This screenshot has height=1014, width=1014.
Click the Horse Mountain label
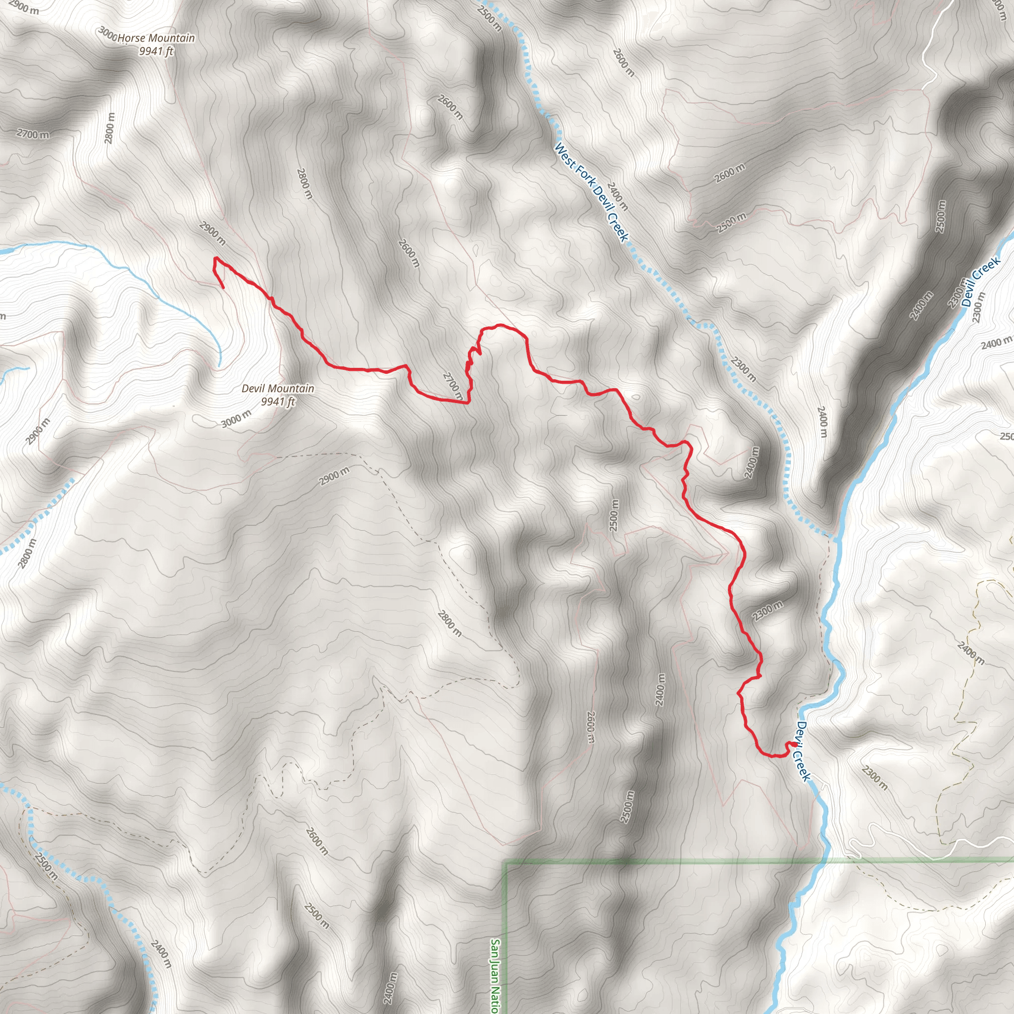[156, 38]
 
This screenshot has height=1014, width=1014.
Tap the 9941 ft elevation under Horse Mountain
[156, 51]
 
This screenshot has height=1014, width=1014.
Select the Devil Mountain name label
[278, 388]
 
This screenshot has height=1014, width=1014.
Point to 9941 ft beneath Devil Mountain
[278, 402]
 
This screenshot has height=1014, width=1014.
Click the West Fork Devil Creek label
[591, 193]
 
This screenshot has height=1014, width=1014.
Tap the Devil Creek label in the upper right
[980, 282]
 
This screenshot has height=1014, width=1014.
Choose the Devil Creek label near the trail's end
[804, 751]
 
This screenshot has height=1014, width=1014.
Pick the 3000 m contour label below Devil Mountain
[236, 419]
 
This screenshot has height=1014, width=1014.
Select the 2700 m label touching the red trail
[453, 385]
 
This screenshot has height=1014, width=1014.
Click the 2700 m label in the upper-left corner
[33, 134]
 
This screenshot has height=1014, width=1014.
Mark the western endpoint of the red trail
[224, 288]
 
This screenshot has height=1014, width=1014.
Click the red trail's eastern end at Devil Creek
[795, 744]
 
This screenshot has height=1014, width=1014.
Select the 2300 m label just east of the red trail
[767, 611]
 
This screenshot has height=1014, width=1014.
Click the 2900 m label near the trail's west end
[212, 234]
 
